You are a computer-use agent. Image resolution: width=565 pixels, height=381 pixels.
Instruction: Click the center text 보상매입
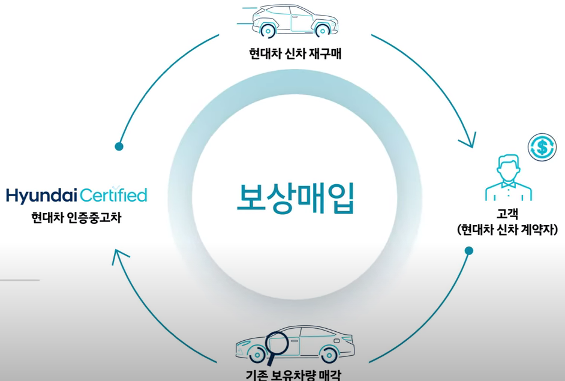tap(295, 199)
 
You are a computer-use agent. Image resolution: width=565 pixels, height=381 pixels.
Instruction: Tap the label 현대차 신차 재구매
tap(295, 54)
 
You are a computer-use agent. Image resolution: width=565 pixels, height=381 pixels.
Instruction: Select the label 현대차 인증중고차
tap(76, 218)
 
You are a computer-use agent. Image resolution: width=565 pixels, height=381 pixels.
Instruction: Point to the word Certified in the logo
tap(113, 195)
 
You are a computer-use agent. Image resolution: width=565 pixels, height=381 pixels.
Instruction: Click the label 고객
tap(507, 214)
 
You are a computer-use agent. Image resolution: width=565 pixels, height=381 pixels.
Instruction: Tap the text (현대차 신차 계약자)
tap(507, 230)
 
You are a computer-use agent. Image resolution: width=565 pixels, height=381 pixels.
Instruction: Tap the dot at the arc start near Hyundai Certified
tap(119, 146)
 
